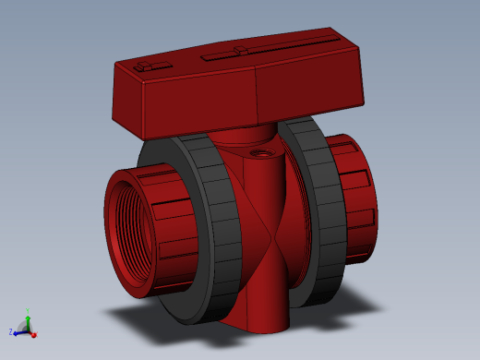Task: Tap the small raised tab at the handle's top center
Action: tap(240, 50)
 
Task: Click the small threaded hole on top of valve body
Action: tap(259, 150)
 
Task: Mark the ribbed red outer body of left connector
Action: tap(171, 222)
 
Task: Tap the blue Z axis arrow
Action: tap(18, 331)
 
